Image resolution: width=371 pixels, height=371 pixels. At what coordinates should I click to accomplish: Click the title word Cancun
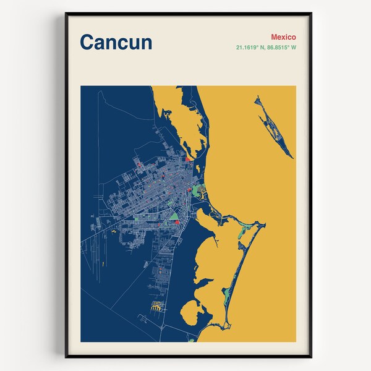pos(116,43)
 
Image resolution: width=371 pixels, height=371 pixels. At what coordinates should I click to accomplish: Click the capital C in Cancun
pos(87,43)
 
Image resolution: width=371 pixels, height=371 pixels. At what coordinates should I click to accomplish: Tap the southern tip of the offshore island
pos(292,157)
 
